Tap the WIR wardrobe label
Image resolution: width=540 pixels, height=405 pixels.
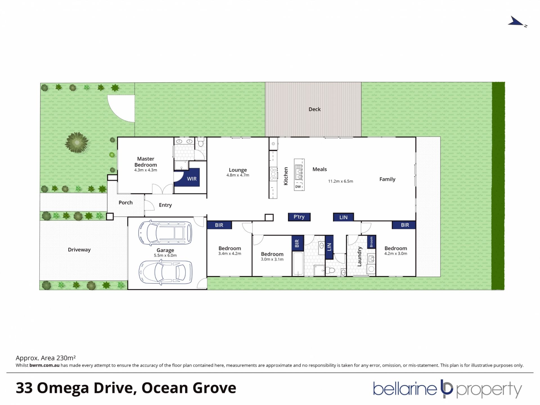192,179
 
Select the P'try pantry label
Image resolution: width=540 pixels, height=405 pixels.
299,217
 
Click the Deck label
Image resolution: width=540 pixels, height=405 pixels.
314,109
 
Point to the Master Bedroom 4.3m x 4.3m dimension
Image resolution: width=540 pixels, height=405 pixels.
146,170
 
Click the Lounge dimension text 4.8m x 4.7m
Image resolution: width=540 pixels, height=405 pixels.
238,175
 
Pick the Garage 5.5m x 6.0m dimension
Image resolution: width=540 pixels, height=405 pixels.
165,256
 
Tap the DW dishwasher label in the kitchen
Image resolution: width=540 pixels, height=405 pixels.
298,187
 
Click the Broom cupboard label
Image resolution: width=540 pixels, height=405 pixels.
371,242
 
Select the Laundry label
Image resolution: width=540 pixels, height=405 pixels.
359,256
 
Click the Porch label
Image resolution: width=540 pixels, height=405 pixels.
125,202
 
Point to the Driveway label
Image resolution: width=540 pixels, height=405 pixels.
79,250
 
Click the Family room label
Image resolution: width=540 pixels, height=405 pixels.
387,179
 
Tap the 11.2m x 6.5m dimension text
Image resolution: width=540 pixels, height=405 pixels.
341,181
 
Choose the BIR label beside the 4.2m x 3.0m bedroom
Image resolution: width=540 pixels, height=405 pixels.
405,225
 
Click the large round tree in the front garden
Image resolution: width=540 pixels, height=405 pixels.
77,143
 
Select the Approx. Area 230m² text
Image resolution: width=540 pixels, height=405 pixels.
46,358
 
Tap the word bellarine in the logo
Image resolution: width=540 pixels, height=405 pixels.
405,389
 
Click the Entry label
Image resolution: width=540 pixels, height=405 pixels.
165,205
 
